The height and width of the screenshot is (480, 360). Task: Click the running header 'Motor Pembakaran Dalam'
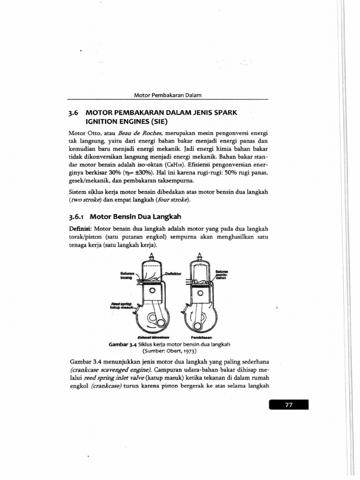pyautogui.click(x=167, y=95)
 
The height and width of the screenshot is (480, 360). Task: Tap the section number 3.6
pyautogui.click(x=75, y=113)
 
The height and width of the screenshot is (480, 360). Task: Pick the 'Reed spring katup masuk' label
pyautogui.click(x=122, y=305)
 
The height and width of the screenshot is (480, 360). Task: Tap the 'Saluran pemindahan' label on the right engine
pyautogui.click(x=221, y=274)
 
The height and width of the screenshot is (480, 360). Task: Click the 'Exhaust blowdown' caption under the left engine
pyautogui.click(x=153, y=337)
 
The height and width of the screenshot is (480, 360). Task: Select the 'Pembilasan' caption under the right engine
pyautogui.click(x=202, y=337)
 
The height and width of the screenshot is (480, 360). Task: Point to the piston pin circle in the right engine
pyautogui.click(x=200, y=293)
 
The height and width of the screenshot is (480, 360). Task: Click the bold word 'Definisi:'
pyautogui.click(x=81, y=229)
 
